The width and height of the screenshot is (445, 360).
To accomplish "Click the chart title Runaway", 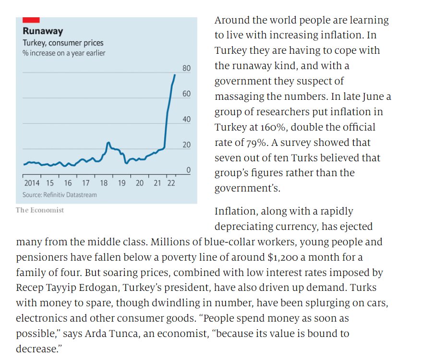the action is (43, 31).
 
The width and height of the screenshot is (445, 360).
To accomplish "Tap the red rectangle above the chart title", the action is (31, 20).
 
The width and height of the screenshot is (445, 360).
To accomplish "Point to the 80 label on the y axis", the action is (186, 68).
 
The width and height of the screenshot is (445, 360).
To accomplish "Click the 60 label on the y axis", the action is (186, 94).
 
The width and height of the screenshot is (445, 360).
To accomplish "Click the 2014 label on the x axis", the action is (32, 183).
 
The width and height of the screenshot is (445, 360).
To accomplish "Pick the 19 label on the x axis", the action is (121, 183).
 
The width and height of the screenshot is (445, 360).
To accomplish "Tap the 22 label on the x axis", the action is (171, 183).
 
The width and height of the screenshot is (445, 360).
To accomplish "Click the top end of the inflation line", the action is (175, 74).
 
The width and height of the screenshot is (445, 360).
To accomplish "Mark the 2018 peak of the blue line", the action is (108, 143).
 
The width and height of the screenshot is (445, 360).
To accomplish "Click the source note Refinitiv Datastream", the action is (60, 194).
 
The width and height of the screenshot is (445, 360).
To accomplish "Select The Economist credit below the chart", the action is (40, 210).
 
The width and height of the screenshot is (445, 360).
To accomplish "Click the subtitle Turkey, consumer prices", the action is (63, 43).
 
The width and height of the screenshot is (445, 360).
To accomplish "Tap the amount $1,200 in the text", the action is (283, 257).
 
